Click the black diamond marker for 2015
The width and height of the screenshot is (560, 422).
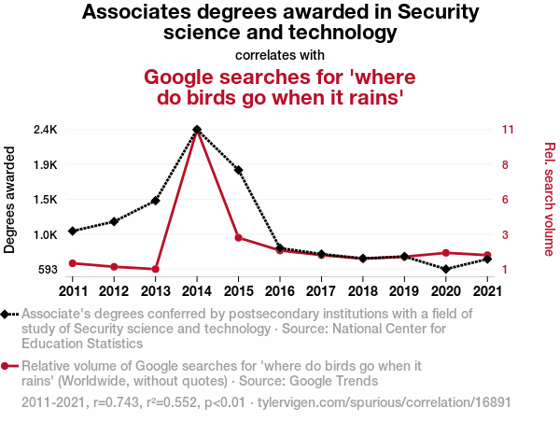pos(239,170)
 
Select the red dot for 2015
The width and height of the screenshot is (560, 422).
pos(239,237)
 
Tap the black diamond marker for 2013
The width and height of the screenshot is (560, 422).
pos(156,201)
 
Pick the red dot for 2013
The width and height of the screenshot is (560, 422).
pos(156,269)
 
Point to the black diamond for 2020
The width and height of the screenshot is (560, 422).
pos(446,269)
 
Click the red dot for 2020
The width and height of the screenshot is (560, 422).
pos(446,253)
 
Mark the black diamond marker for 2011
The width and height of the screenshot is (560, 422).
pos(73,231)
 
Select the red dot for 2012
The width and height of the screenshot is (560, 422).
pos(114,267)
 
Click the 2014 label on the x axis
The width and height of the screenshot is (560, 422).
pos(197,291)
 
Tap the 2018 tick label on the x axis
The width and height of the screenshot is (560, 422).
pos(363,291)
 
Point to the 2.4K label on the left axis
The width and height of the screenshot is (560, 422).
pos(45,129)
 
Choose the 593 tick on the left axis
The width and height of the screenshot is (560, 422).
pos(47,270)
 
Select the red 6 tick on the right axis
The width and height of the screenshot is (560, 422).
pos(505,200)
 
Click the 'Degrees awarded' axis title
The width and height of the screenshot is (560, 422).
pos(10,200)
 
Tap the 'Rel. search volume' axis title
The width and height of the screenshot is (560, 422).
pos(550,199)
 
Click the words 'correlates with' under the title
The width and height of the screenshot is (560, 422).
pos(280,55)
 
